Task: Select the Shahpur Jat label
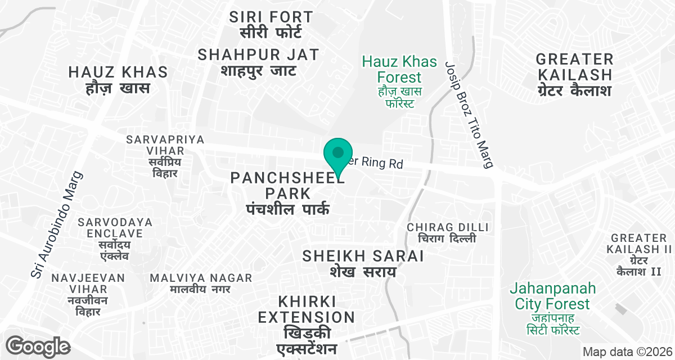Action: pos(259,62)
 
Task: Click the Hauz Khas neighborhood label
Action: pos(118,80)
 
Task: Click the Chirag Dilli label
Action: pos(448,232)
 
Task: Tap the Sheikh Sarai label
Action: pos(363,263)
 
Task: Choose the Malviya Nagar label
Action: pos(201,283)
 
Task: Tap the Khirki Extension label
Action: pos(307,324)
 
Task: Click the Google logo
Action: pos(38,346)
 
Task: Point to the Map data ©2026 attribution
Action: pos(626,352)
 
